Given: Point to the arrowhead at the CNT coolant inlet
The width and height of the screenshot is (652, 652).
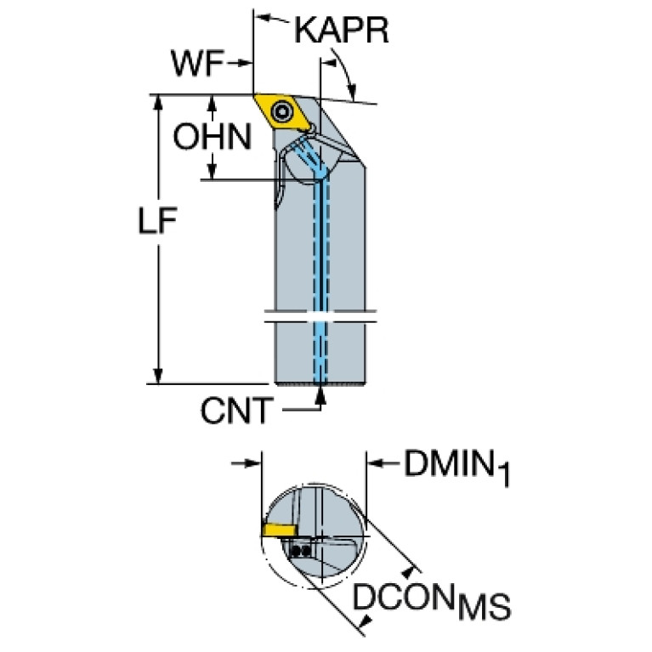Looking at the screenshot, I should pyautogui.click(x=320, y=394).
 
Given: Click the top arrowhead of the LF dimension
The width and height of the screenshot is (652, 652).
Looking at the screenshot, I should pyautogui.click(x=157, y=102).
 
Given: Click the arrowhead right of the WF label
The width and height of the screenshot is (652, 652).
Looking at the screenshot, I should pyautogui.click(x=247, y=64).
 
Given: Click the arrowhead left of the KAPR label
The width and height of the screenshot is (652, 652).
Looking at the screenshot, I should pyautogui.click(x=264, y=17).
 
